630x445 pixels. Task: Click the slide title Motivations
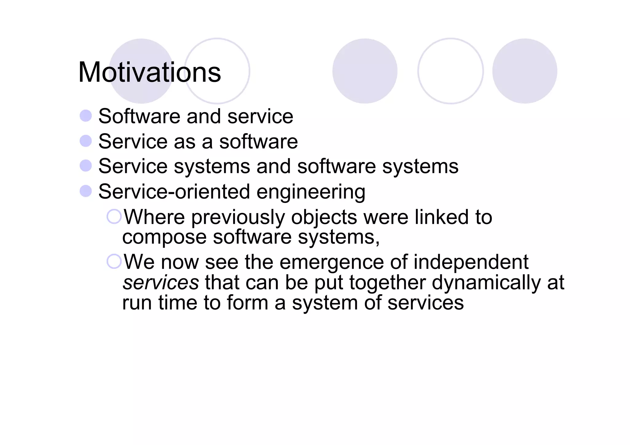[x=150, y=73]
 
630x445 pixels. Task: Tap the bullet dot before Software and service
[x=86, y=116]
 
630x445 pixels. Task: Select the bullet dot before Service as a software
[x=86, y=141]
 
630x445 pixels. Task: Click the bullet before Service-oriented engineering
[x=86, y=191]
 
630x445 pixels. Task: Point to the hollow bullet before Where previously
[x=114, y=217]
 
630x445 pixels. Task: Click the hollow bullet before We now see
[x=114, y=261]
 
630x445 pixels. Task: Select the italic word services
[x=161, y=283]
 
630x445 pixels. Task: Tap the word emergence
[x=332, y=263]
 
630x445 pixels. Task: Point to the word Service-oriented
[x=174, y=192]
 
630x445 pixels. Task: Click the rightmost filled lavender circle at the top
[x=524, y=71]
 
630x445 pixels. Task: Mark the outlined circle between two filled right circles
[x=450, y=71]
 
